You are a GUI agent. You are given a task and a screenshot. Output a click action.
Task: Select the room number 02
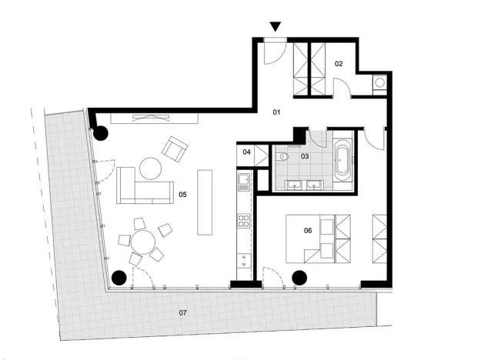[338, 64]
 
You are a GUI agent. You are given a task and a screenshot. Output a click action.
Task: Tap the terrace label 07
[182, 312]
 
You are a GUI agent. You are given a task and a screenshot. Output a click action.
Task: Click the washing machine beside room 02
[380, 85]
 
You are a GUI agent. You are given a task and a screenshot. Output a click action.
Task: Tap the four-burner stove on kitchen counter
[244, 222]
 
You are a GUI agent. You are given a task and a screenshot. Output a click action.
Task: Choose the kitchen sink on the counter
[243, 182]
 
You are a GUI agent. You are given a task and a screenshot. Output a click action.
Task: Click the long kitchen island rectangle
[205, 202]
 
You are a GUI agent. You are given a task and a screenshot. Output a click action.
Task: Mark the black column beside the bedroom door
[300, 277]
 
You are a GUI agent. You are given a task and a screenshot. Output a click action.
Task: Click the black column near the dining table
[119, 277]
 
